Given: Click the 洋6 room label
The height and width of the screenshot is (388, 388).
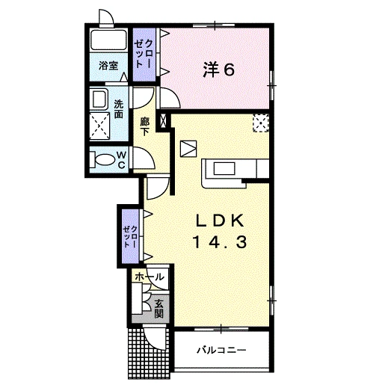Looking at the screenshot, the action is point(218,70).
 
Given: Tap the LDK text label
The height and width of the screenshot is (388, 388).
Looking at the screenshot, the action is point(220,221).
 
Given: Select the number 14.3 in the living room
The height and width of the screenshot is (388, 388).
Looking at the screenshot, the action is point(220,242).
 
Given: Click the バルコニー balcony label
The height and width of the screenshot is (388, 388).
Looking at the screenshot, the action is point(221,350).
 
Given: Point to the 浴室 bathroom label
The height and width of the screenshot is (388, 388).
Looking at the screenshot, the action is point(108,66).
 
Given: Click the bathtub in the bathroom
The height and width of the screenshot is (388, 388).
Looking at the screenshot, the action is point(108,40).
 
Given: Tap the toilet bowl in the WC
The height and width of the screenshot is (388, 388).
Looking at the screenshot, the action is point(104,160).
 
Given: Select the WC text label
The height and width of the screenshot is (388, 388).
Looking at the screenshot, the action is point(122,160).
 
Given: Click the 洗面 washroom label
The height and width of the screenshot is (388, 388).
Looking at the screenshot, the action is point(119,109).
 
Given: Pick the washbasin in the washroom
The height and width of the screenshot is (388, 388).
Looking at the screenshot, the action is point(99,99).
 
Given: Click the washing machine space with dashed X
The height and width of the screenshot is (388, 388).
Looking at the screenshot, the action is point(99,126).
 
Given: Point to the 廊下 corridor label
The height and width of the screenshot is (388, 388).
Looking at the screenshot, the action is point(144,126).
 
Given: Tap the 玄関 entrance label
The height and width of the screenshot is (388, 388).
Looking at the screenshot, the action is point(158,309).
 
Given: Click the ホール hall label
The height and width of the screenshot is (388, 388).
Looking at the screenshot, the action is point(150,277).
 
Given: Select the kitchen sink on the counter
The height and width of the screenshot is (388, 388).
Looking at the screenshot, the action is point(224,168).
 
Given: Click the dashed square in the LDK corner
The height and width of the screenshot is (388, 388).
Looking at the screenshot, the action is point(261,123).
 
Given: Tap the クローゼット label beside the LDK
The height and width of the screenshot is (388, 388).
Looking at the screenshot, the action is point(130,236).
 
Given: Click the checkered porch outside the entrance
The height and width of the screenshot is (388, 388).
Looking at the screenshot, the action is point(149,354).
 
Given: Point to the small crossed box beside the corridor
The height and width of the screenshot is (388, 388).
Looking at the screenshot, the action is point(164,120).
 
